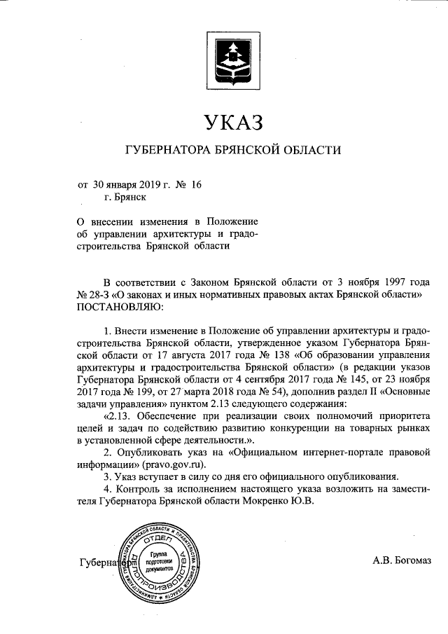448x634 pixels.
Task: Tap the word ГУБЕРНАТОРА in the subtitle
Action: [x=168, y=150]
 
